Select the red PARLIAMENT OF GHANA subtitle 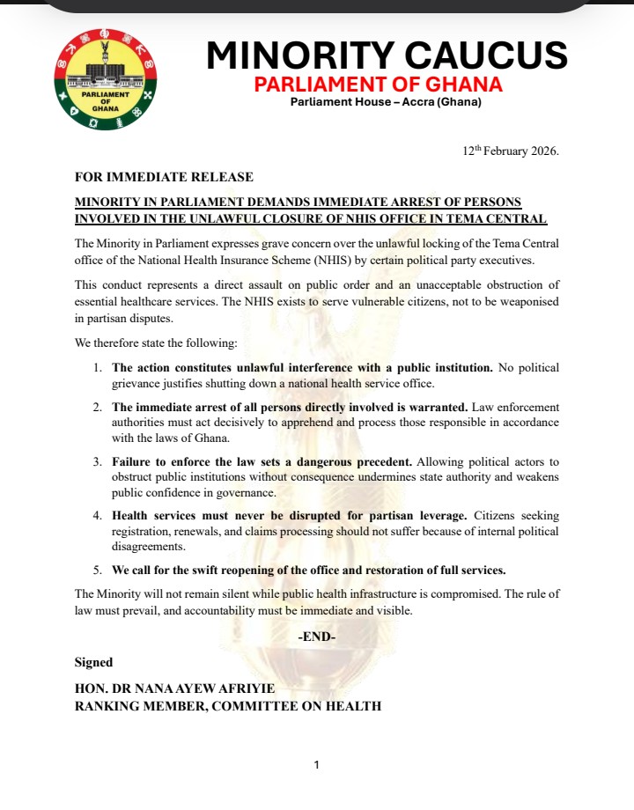tap(378, 85)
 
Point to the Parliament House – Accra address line tap(387, 102)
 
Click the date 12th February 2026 tap(511, 151)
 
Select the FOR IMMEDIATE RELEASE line tap(164, 177)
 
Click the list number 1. tap(99, 367)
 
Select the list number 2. tap(99, 408)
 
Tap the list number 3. tap(99, 462)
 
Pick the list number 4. tap(99, 516)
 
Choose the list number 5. tap(99, 570)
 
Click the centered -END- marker tap(317, 636)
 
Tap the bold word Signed tap(93, 662)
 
